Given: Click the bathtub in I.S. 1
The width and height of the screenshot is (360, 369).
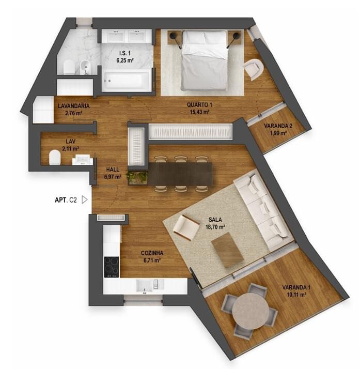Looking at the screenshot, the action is click(127, 81).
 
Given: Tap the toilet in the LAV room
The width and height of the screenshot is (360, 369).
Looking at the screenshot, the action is click(55, 157).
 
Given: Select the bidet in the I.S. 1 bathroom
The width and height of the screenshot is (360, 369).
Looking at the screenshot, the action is click(84, 67).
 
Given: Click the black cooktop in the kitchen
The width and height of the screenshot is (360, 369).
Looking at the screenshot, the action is click(112, 267).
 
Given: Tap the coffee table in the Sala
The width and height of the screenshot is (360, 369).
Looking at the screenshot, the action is click(227, 250).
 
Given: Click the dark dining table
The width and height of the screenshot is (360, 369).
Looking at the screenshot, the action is click(180, 174).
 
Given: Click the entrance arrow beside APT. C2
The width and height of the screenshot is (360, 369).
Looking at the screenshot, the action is click(84, 200).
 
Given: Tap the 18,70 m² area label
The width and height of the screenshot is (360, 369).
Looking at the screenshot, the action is click(215, 227).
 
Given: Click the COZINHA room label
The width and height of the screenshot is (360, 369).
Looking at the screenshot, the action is click(152, 253).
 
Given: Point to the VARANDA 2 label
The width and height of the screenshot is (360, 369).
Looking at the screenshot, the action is click(278, 126).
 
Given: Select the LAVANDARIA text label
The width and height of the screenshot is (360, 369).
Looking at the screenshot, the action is click(73, 106).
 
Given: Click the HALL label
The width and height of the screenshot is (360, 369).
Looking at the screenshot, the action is click(113, 170).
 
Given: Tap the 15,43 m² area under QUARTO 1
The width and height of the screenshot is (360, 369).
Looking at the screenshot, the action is click(200, 112).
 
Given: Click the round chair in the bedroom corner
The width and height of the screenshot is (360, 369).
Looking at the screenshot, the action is click(253, 69).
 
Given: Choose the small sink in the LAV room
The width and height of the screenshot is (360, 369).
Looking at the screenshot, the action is click(82, 160).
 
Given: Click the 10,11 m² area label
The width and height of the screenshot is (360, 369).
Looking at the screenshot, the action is click(296, 295).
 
